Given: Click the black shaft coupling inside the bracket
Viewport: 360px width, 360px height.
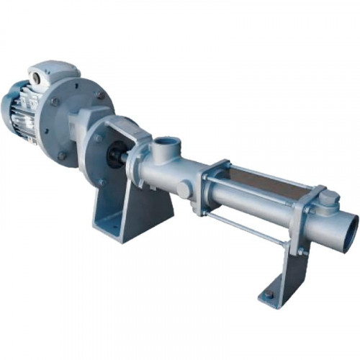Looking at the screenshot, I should pos(115,155).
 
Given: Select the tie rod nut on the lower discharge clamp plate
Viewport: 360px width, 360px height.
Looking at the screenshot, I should pos(302,251).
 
